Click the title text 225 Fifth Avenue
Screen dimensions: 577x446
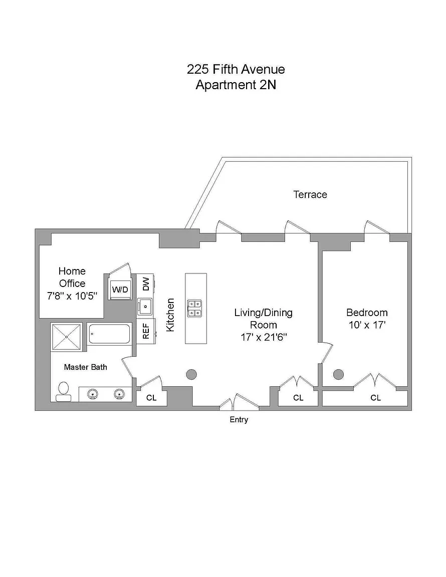236,69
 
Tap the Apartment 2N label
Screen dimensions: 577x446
236,85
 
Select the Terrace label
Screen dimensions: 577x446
310,194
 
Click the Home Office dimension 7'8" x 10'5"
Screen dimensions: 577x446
72,296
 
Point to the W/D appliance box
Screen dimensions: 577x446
120,290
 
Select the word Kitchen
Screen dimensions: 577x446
170,315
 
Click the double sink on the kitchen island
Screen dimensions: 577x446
194,309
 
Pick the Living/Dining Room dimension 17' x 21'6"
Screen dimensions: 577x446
264,338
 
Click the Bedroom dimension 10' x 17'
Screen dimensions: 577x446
367,325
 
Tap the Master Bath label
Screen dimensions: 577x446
85,367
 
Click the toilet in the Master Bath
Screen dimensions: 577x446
64,391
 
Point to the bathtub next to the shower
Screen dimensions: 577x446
109,334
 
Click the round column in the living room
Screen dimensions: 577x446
191,374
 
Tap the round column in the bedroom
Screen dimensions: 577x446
339,374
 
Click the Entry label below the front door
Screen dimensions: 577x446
239,420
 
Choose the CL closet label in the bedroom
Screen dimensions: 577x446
375,398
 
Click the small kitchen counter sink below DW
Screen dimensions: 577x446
145,305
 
